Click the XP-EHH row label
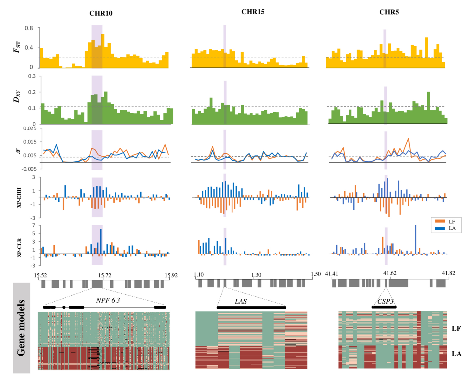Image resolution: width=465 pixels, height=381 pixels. click(x=20, y=198)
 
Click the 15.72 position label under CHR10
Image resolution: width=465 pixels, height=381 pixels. click(x=103, y=275)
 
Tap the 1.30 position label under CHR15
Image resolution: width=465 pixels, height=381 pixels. click(x=255, y=274)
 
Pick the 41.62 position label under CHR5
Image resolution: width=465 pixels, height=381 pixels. click(x=389, y=274)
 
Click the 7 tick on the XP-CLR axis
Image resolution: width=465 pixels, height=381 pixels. click(x=33, y=225)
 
